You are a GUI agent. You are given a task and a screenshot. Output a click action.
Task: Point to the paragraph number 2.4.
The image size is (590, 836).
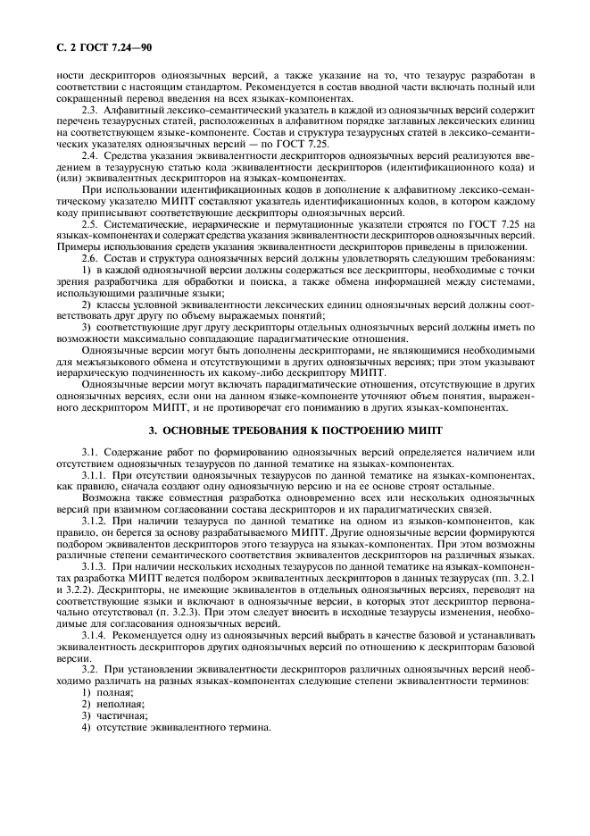[x=89, y=155]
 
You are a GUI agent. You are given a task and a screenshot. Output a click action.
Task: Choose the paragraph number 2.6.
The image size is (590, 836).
[x=89, y=256]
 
